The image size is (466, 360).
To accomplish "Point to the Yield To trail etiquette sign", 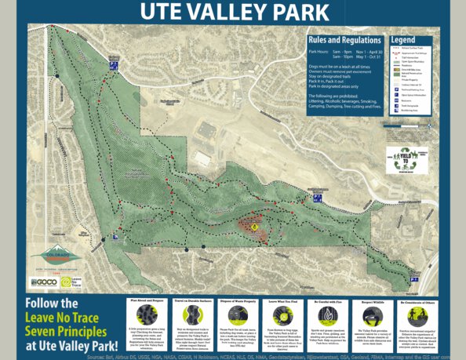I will tap(408, 159).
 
